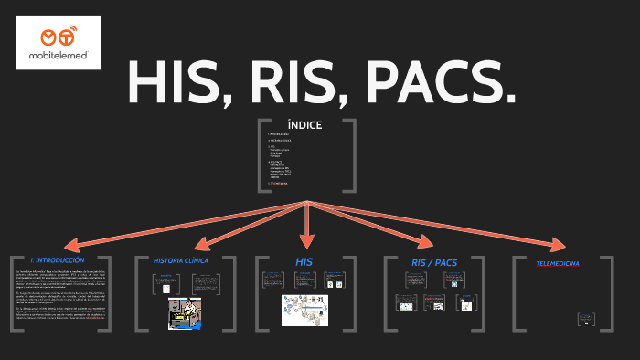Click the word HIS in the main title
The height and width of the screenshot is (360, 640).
click(x=174, y=83)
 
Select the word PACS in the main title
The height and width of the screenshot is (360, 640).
click(x=439, y=83)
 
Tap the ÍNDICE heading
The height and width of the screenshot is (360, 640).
click(x=304, y=126)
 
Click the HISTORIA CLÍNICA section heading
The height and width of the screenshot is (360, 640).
click(x=181, y=260)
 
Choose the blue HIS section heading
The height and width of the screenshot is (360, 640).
click(x=304, y=261)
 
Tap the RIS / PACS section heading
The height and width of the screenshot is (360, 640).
click(x=434, y=262)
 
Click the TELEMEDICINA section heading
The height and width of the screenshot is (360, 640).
click(x=556, y=264)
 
